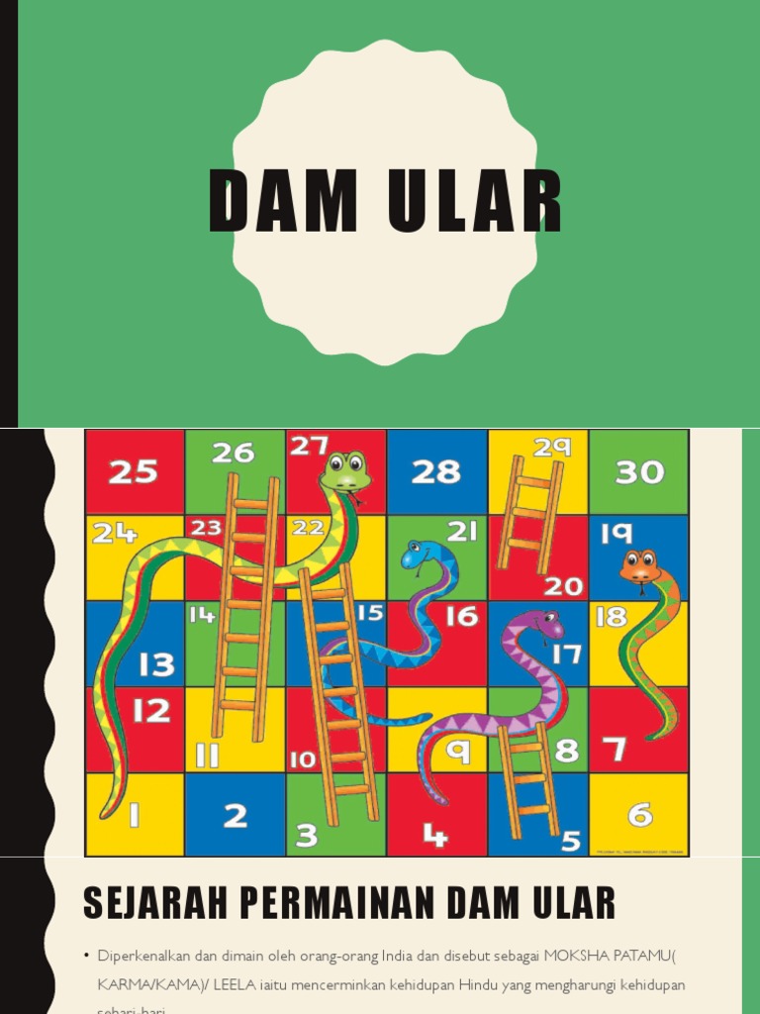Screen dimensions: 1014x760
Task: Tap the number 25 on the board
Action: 133,472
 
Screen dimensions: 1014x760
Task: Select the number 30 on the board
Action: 639,472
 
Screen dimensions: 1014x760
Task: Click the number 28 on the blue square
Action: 436,472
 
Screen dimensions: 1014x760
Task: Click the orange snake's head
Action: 640,567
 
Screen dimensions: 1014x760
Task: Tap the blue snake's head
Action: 416,555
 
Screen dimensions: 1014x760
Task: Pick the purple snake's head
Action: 543,625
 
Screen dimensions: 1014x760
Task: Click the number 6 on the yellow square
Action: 640,815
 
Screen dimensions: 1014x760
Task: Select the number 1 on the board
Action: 133,815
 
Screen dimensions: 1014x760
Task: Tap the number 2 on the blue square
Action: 235,815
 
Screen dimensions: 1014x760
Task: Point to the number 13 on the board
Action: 156,663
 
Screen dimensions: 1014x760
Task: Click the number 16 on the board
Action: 461,616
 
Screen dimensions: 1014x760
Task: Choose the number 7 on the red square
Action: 616,750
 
